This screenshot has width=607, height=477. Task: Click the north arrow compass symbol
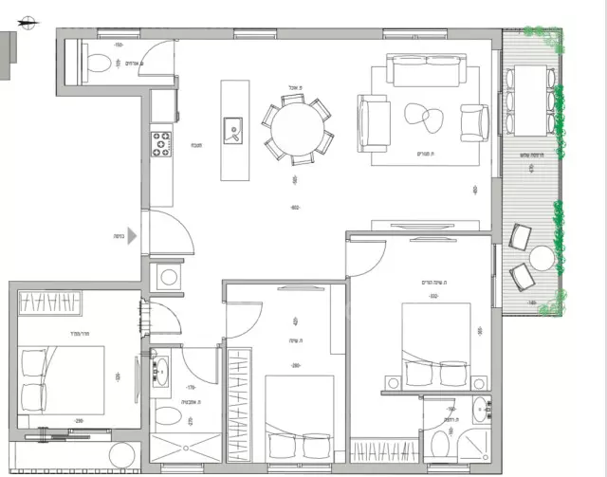coord(29,20)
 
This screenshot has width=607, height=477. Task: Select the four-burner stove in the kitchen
coord(159,145)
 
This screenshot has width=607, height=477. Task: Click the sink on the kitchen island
coord(231,130)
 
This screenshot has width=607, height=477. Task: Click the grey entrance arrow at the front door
coord(134,239)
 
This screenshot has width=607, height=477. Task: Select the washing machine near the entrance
coord(169,278)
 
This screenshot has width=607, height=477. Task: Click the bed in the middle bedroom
coord(299,417)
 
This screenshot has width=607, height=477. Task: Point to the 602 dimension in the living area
coord(296,208)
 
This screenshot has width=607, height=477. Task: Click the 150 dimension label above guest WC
coord(119,45)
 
